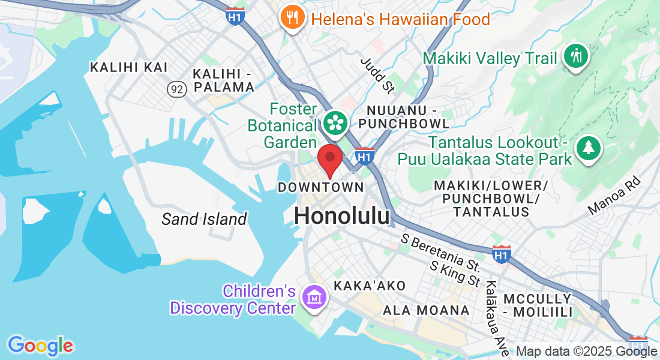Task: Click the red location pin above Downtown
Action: [329, 158]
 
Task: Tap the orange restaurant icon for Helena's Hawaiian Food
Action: [291, 18]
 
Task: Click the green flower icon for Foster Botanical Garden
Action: [336, 122]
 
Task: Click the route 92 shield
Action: [176, 89]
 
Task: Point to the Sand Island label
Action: [204, 219]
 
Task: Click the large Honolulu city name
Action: [342, 217]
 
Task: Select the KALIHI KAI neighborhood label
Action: [129, 67]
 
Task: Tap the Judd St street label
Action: [377, 76]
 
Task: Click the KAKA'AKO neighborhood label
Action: [370, 286]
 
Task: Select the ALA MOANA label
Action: [426, 310]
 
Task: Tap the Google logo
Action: [40, 346]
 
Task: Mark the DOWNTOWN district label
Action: [320, 187]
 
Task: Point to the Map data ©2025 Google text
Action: [587, 352]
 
